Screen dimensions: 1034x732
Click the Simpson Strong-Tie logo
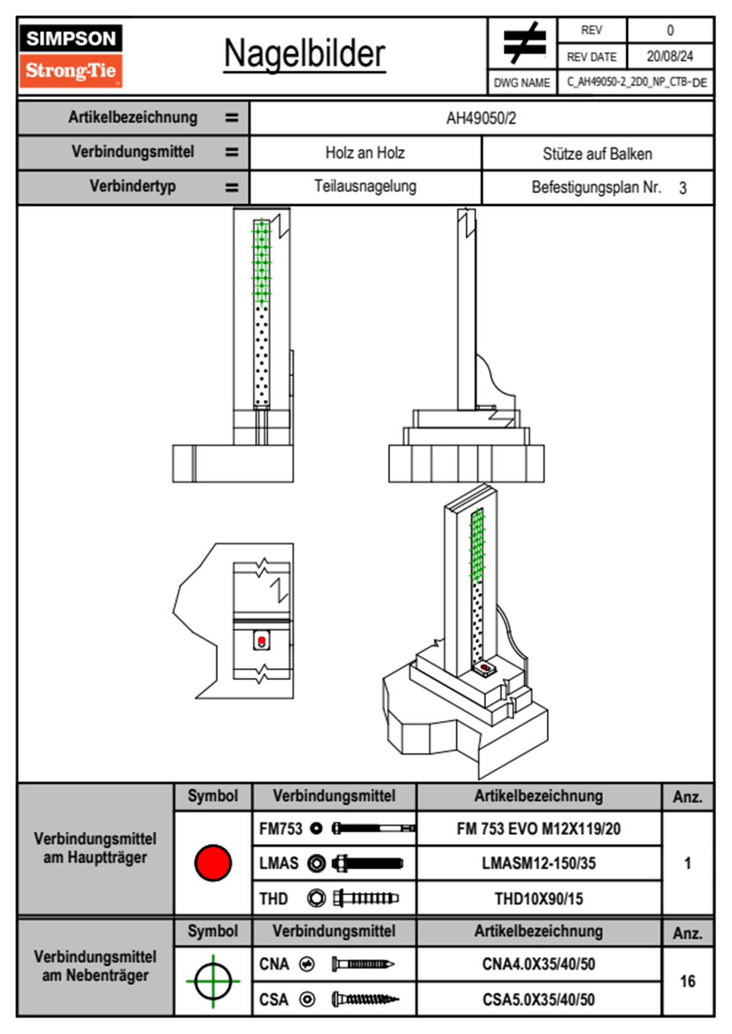[x=70, y=56]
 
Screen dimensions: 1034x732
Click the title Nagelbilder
[x=304, y=53]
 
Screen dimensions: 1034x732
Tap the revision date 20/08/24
[x=669, y=57]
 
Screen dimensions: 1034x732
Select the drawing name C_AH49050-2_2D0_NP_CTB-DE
[x=636, y=82]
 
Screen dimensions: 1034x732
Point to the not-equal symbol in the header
[x=523, y=43]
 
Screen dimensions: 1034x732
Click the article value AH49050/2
[x=481, y=118]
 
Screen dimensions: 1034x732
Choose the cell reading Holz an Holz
[x=365, y=153]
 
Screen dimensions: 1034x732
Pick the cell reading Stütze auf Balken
[x=597, y=154]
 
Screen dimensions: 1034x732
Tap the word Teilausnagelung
[x=365, y=186]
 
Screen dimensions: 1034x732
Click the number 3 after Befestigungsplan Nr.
[x=682, y=188]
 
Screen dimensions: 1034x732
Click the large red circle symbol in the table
[x=213, y=862]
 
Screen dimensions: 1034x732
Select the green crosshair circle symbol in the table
[x=213, y=981]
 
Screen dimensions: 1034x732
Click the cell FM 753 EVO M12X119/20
[x=538, y=829]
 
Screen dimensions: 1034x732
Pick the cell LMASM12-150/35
[x=538, y=864]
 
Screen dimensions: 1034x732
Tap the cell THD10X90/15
[x=538, y=899]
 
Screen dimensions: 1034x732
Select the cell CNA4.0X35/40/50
[x=538, y=964]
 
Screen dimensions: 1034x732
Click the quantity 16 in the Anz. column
[x=687, y=981]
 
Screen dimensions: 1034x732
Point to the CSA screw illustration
[x=365, y=1000]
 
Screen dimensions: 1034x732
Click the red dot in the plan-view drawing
[x=261, y=641]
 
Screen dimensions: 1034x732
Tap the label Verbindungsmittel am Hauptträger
[x=95, y=848]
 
